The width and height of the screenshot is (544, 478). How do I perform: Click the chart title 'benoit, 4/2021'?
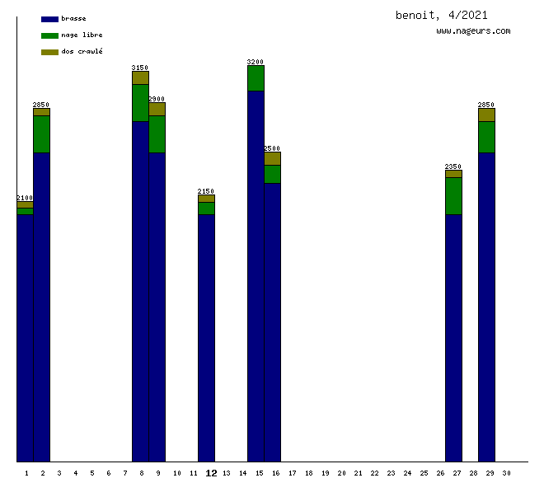(441, 15)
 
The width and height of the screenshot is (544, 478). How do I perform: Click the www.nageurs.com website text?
(473, 31)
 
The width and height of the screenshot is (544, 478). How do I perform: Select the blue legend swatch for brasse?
(49, 18)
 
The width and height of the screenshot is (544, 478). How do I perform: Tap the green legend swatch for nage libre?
(49, 35)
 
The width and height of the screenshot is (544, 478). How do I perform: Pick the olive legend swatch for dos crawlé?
(49, 52)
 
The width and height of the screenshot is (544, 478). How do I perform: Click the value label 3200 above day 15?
(256, 62)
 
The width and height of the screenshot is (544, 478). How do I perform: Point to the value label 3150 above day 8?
(140, 68)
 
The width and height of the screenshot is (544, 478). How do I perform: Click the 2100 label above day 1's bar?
(25, 198)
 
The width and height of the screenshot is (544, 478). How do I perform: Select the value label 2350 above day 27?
(453, 166)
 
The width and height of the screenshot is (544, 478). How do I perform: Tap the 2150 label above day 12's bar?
(206, 191)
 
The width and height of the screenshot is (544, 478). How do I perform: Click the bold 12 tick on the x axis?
(211, 473)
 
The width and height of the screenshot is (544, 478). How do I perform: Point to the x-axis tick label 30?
(506, 473)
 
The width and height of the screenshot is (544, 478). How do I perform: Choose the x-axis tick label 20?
(341, 473)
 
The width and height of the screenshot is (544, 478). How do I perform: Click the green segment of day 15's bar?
(256, 77)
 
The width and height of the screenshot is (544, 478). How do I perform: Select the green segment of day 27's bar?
(453, 195)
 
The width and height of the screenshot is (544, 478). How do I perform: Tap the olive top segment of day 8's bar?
(140, 77)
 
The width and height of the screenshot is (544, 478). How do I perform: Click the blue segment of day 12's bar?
(206, 338)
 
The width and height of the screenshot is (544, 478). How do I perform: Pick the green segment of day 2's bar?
(41, 134)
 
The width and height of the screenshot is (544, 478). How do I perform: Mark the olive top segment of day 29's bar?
(486, 115)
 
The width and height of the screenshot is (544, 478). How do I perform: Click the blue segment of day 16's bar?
(272, 321)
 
